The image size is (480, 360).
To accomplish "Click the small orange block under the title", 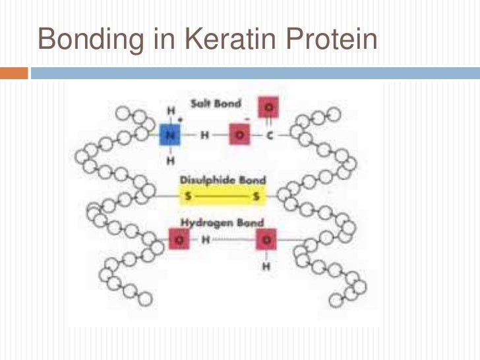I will (14, 72).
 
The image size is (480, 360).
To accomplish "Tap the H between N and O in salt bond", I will (204, 135).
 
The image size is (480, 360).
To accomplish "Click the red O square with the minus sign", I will (239, 135).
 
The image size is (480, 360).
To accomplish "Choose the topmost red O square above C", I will (268, 106).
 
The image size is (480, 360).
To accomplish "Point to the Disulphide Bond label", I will (223, 180).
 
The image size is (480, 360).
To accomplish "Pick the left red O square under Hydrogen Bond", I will (178, 240).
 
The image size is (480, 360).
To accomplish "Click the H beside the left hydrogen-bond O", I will (206, 240).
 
